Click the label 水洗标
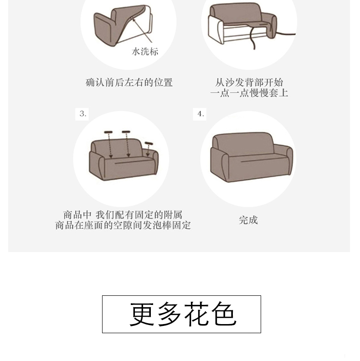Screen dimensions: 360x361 click(145, 52)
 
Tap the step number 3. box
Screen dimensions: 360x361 click(82, 114)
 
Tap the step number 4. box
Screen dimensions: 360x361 click(200, 114)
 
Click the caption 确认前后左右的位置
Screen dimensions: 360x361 click(129, 83)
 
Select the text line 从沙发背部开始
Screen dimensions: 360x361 click(249, 83)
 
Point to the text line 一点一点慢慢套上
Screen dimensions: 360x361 click(249, 93)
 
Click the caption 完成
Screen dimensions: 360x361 click(248, 220)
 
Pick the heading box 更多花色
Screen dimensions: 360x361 click(181, 314)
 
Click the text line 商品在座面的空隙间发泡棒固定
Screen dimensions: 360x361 click(123, 225)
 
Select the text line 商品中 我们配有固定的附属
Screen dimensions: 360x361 click(123, 215)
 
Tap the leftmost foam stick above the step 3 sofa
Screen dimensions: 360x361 click(108, 132)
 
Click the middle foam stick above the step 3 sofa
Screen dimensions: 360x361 click(126, 132)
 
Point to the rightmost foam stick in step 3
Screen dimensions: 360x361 click(149, 144)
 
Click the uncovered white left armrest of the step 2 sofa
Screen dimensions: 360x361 click(216, 30)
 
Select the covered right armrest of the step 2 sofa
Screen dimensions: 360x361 click(271, 25)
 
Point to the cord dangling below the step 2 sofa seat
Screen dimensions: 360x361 click(252, 38)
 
